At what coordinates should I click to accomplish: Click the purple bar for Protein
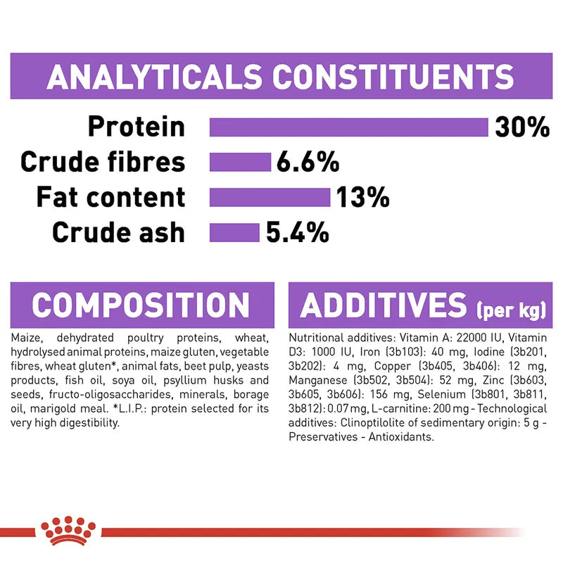[348, 127]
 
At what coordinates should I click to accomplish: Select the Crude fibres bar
[240, 163]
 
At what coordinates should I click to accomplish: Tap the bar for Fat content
[270, 198]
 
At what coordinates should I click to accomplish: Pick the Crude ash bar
[234, 232]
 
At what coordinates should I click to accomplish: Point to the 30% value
[521, 127]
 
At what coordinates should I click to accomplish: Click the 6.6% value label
[308, 163]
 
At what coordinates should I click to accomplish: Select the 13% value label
[362, 198]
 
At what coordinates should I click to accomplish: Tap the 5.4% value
[297, 232]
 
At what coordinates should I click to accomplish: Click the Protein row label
[136, 127]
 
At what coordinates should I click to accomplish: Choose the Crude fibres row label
[103, 163]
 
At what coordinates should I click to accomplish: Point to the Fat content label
[110, 198]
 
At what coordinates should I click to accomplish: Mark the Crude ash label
[118, 232]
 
